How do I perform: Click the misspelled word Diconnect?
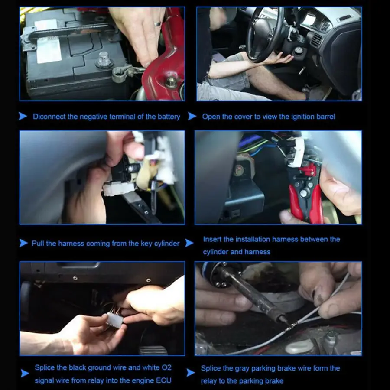[x=49, y=117]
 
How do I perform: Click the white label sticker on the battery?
[x=48, y=41]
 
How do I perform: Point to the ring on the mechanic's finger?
[x=157, y=24]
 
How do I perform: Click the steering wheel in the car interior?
[x=265, y=35]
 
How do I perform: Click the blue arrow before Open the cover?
[x=192, y=116]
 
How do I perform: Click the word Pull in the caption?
[x=38, y=243]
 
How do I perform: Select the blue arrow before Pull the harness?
[x=23, y=243]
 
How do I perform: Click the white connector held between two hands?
[x=114, y=320]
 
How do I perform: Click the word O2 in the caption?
[x=167, y=367]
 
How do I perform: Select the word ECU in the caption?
[x=164, y=380]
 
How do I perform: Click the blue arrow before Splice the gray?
[x=191, y=372]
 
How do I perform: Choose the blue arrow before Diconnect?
[x=23, y=116]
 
